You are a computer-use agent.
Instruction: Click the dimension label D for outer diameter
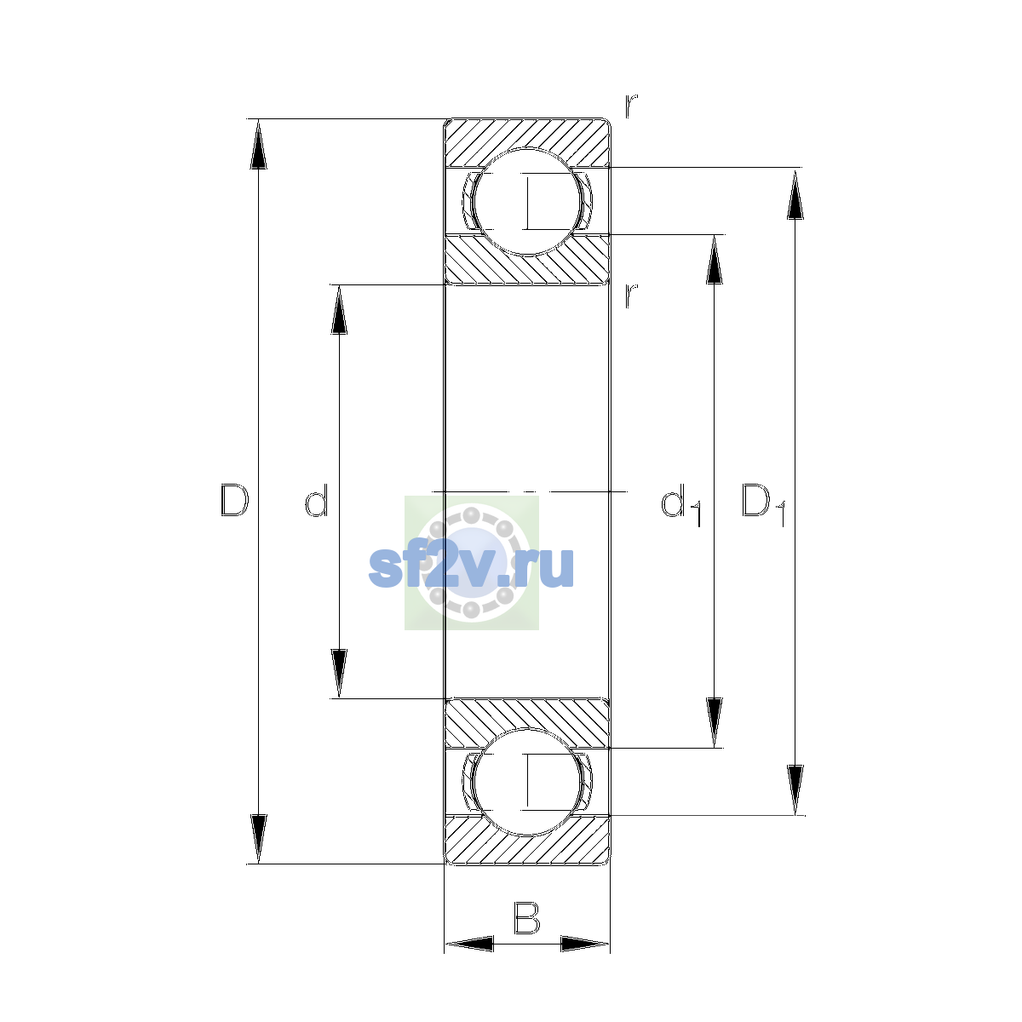click(234, 500)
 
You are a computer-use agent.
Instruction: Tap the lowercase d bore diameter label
click(317, 500)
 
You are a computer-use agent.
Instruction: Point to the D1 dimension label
click(764, 505)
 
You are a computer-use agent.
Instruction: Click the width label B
click(526, 917)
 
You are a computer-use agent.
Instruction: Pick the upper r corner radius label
click(631, 106)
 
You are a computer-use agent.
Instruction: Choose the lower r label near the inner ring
click(631, 296)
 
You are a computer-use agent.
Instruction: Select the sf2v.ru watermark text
click(471, 567)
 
